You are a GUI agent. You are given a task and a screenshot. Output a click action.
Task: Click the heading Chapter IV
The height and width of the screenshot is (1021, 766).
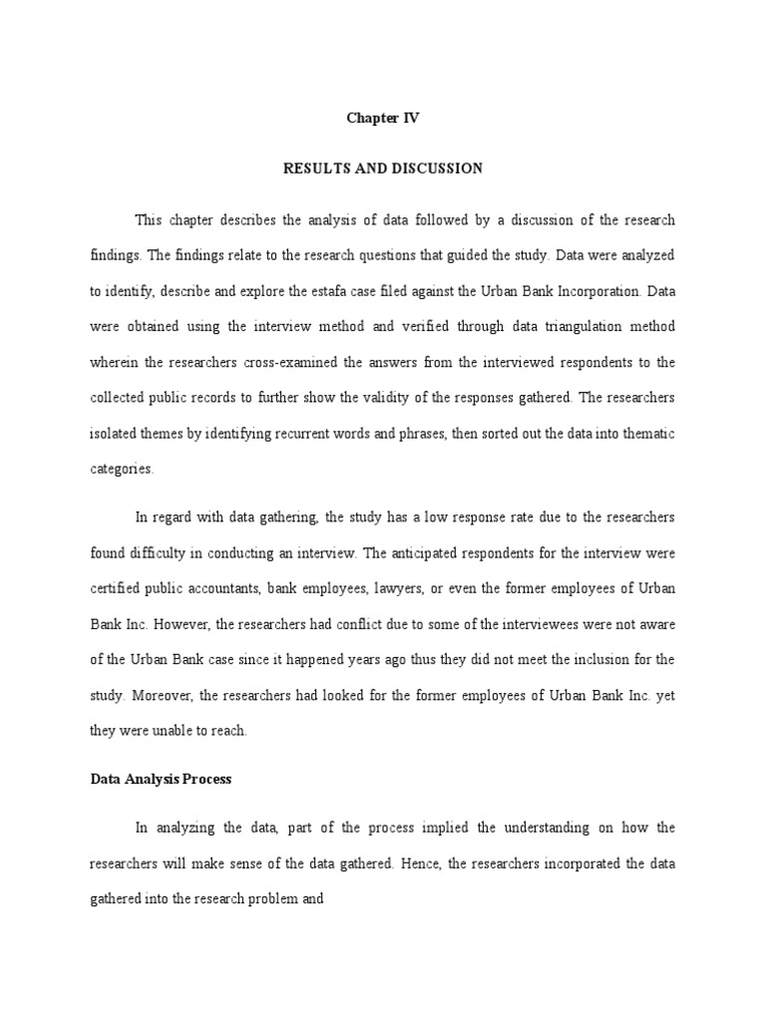coord(383,118)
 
